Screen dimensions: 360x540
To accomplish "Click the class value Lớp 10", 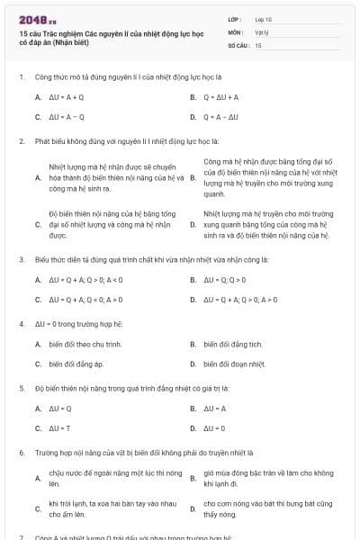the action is pyautogui.click(x=264, y=18).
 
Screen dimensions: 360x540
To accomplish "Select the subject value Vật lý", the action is pyautogui.click(x=262, y=31).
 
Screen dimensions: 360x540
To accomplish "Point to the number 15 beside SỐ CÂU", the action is pyautogui.click(x=258, y=44).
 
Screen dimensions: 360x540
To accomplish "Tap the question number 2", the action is pyautogui.click(x=21, y=141).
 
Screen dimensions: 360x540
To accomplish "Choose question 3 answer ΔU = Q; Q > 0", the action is pyautogui.click(x=225, y=280).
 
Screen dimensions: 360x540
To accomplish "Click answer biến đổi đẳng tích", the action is pyautogui.click(x=233, y=344).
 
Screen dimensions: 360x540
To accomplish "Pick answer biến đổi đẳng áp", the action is pyautogui.click(x=76, y=364).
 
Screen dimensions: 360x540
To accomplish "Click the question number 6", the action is pyautogui.click(x=21, y=452).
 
